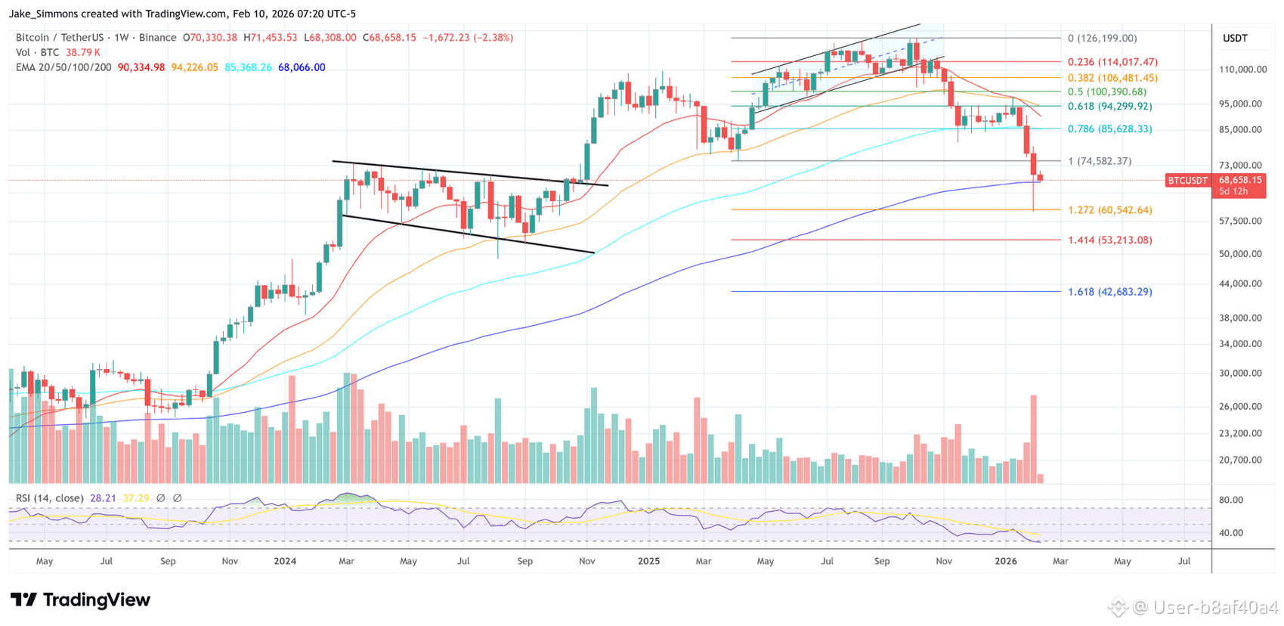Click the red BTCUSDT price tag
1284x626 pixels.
pos(1187,181)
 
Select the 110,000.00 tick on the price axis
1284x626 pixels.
pos(1242,70)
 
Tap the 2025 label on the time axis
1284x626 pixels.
pos(649,561)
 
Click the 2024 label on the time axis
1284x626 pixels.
pos(285,561)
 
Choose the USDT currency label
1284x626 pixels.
pos(1236,39)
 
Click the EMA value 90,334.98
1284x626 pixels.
pos(141,67)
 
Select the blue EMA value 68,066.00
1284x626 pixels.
pos(302,67)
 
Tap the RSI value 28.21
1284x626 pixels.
pos(104,499)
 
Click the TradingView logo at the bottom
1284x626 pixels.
pos(80,600)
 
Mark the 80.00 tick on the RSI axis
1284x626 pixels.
pos(1230,500)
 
